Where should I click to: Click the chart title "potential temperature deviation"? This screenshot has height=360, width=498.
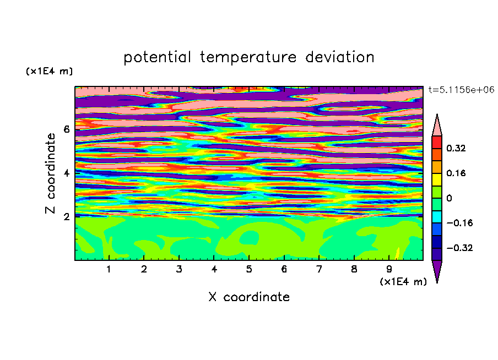click(248, 57)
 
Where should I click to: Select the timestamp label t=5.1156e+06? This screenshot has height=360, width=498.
click(461, 90)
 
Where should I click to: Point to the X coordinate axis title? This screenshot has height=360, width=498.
click(249, 297)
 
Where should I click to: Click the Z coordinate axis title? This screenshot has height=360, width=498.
click(51, 173)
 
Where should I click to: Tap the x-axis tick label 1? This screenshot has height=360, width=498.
click(109, 269)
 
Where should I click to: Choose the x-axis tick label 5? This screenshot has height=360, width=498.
click(249, 269)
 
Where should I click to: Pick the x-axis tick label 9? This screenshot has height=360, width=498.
click(389, 269)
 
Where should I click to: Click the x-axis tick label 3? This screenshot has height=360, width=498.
click(179, 269)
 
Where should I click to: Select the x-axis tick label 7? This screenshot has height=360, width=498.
click(319, 269)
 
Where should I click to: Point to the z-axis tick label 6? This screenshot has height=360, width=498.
click(66, 129)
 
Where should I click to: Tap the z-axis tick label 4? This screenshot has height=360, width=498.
click(66, 173)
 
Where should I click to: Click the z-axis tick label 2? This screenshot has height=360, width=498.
click(66, 217)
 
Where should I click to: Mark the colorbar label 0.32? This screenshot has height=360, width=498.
click(456, 148)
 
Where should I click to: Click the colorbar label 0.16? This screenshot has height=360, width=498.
click(456, 173)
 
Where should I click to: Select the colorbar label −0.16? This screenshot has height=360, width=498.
click(459, 223)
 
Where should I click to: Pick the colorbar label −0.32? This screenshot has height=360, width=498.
click(459, 248)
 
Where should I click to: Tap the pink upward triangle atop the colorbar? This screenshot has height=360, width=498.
click(437, 127)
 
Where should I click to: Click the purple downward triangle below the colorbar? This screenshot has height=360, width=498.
click(437, 269)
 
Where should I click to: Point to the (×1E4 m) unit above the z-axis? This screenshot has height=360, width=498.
click(49, 71)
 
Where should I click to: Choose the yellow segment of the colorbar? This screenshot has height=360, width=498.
click(437, 179)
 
